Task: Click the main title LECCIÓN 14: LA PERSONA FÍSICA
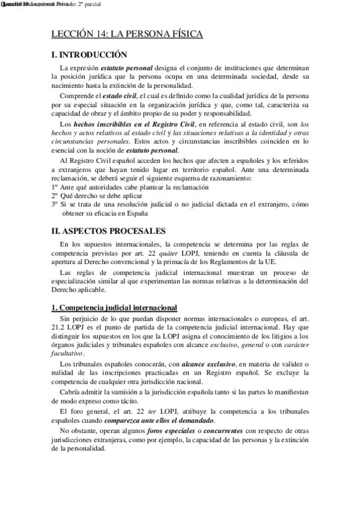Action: pos(127,35)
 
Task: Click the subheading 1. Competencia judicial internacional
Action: pos(114,307)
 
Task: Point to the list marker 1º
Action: pos(55,188)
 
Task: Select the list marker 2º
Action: pos(55,196)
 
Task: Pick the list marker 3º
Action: pos(55,204)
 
